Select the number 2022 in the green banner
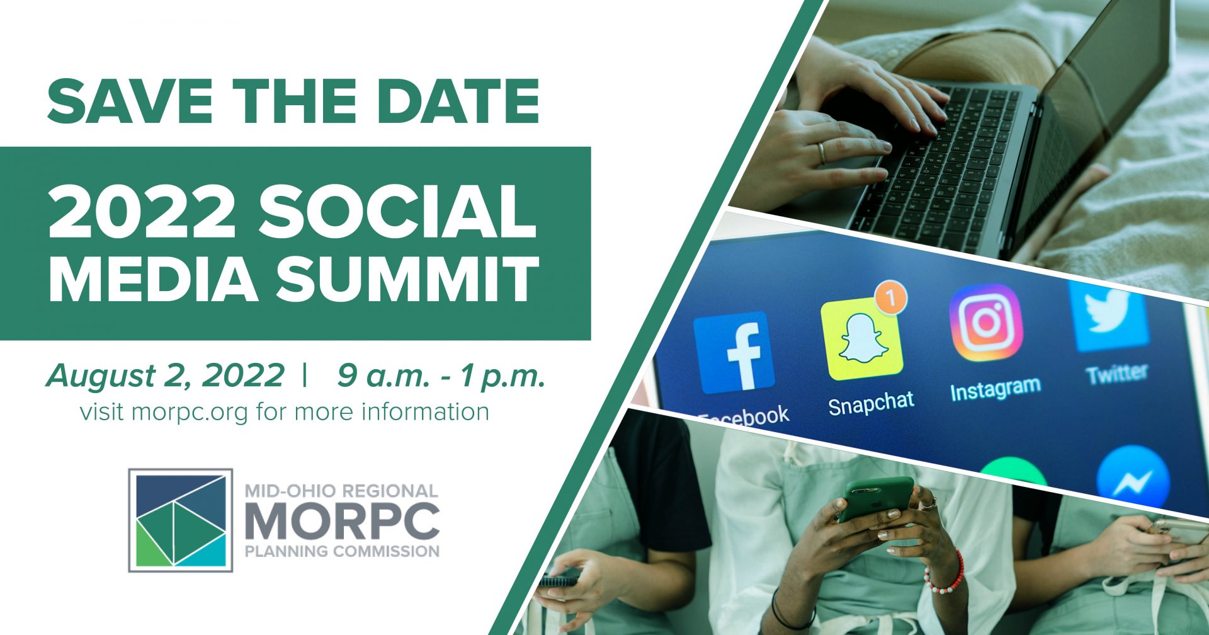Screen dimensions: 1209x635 [x=142, y=212]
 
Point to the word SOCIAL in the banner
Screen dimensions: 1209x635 [x=398, y=212]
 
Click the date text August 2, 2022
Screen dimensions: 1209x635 [x=165, y=375]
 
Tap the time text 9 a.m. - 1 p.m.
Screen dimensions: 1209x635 [x=441, y=376]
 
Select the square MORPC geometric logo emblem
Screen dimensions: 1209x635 [x=181, y=520]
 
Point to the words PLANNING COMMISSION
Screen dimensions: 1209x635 [x=342, y=552]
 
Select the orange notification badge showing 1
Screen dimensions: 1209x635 [x=890, y=296]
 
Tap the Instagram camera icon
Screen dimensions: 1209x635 [x=986, y=323]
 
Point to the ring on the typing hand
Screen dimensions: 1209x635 [x=821, y=153]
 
